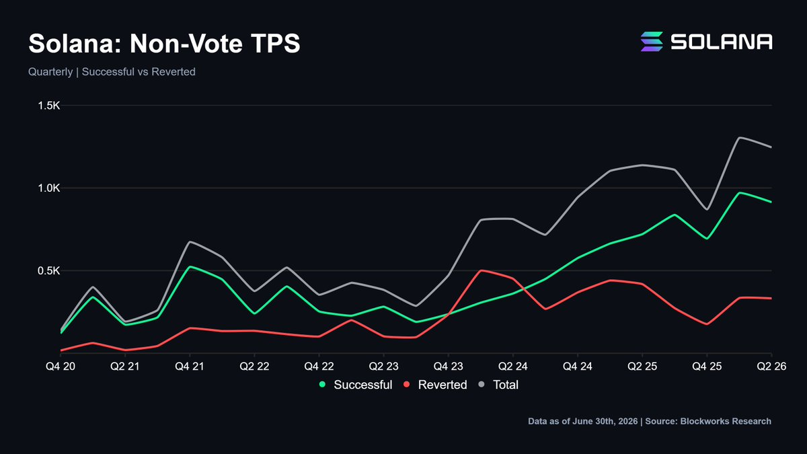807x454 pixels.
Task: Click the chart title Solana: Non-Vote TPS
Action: pos(164,44)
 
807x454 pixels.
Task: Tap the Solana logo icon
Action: pos(652,42)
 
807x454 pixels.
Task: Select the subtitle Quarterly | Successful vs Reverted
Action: pos(112,72)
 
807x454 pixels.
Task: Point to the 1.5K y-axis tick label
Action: pos(49,106)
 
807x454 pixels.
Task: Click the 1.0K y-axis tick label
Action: pos(49,188)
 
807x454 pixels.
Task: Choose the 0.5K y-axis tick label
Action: pos(49,270)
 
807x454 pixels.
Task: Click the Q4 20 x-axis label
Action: pos(61,367)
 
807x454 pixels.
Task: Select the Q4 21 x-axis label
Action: pos(190,367)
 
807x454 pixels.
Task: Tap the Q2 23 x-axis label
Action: pos(384,367)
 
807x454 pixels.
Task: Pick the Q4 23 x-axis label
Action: pos(448,367)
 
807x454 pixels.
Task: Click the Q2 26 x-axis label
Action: pos(771,367)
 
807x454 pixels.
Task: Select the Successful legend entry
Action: pos(356,385)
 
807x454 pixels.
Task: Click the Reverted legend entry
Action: pos(435,385)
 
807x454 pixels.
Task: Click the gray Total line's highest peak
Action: pos(739,138)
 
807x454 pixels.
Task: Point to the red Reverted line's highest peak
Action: pos(481,270)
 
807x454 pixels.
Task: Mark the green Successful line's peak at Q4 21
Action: pos(190,266)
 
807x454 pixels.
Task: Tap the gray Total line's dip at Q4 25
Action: pos(707,209)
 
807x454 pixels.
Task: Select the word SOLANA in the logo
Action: pos(721,42)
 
